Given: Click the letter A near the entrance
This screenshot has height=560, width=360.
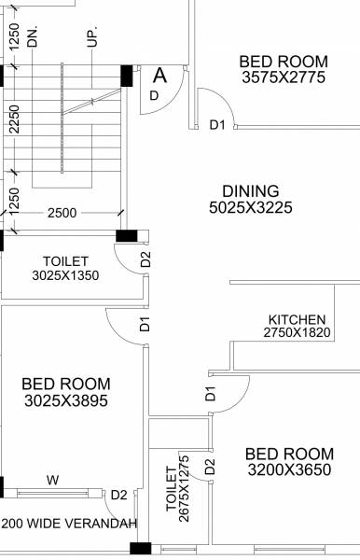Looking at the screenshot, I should point(160,76).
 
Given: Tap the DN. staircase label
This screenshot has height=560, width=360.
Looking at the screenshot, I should point(33,37).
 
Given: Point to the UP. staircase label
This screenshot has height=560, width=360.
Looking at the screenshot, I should point(90,37).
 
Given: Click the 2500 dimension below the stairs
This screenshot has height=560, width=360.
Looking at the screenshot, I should point(62,214).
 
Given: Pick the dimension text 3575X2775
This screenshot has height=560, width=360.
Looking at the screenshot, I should point(283,77).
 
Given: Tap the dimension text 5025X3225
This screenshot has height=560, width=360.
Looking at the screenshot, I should point(251,207).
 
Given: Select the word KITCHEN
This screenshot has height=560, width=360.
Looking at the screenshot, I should point(297,318).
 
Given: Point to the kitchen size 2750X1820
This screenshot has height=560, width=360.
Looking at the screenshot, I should point(297,332).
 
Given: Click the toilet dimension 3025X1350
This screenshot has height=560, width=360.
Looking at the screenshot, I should point(65,275).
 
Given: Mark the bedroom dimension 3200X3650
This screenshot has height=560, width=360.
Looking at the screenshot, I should point(288,470).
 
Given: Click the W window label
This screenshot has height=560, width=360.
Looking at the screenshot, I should point(52,481).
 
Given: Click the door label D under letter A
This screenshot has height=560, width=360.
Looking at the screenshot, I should point(155,94).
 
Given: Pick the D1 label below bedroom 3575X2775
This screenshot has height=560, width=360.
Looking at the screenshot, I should point(217,124).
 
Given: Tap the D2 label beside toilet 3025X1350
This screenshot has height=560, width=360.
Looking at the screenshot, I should point(145,259).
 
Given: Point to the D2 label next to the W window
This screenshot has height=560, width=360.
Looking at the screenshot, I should point(119,495).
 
